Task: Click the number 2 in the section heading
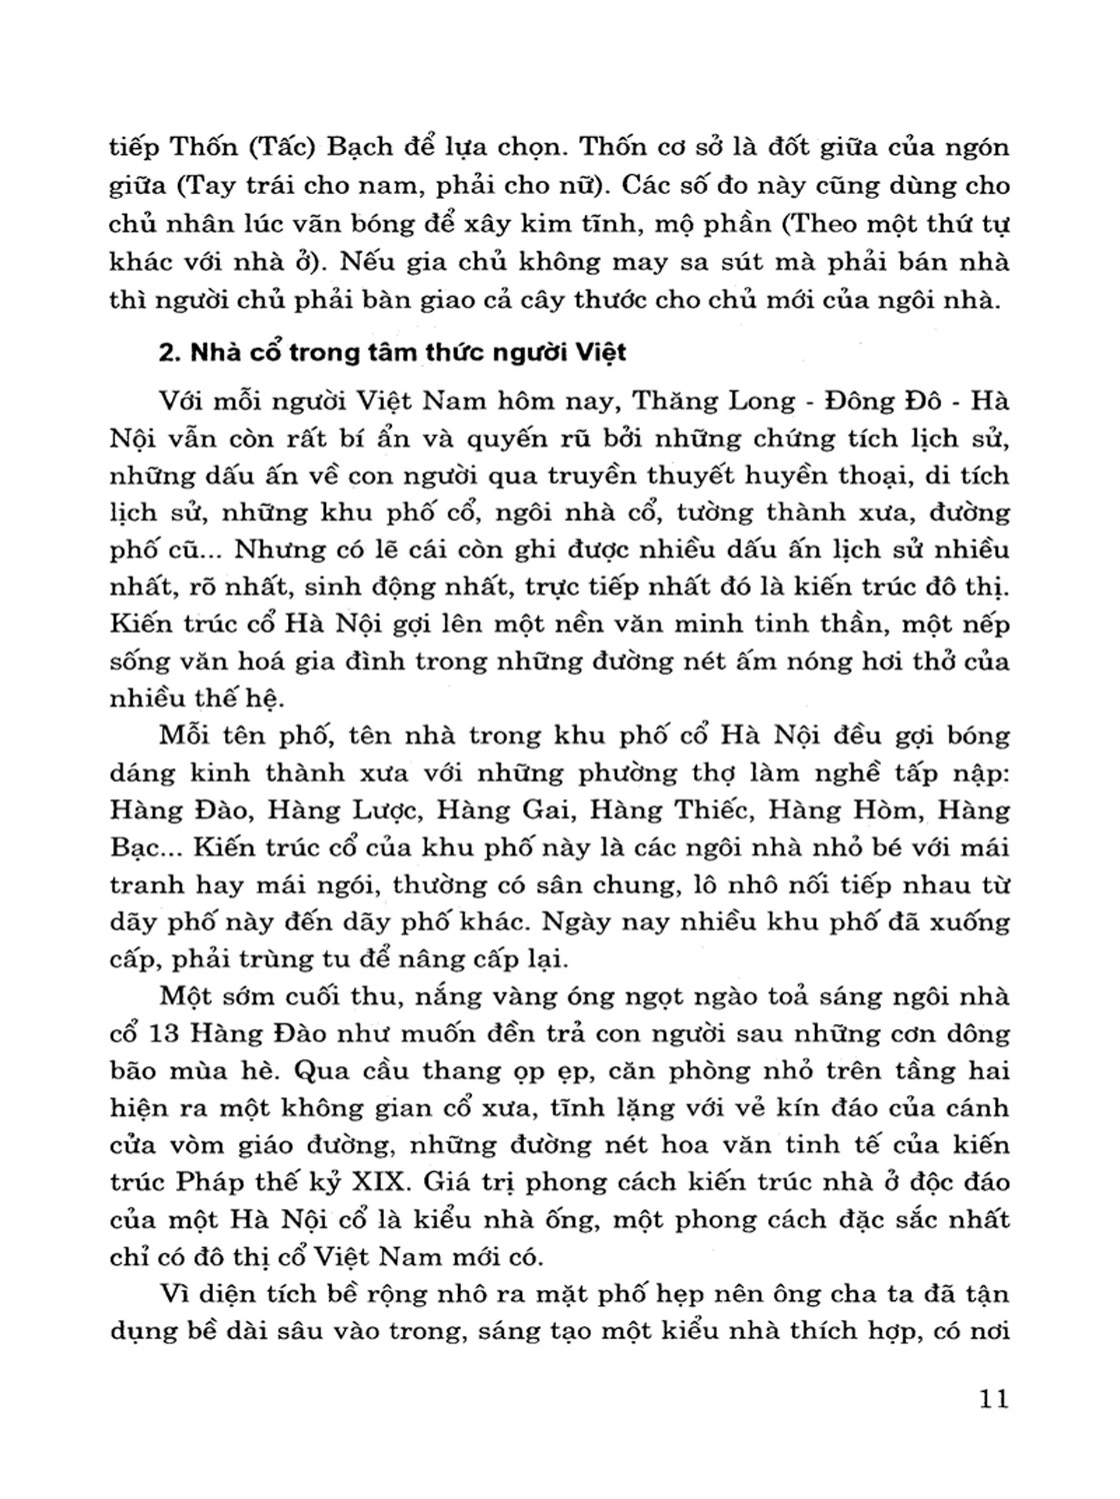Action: [x=167, y=353]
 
